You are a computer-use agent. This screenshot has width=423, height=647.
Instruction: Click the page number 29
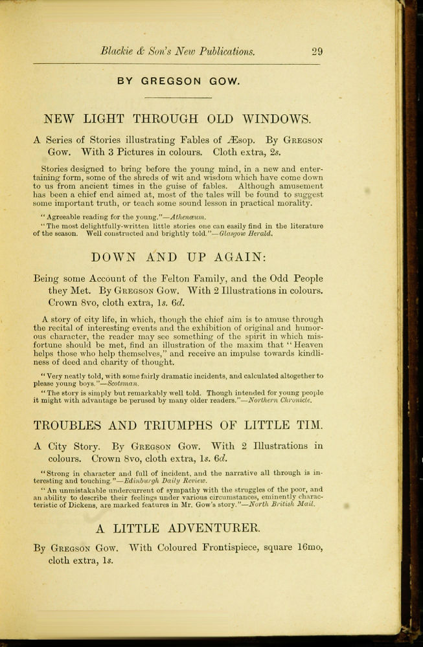[x=317, y=52]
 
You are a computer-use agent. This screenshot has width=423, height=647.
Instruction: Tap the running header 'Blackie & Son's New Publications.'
[x=177, y=52]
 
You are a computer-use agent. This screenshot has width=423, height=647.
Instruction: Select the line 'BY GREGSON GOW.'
[x=178, y=82]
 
